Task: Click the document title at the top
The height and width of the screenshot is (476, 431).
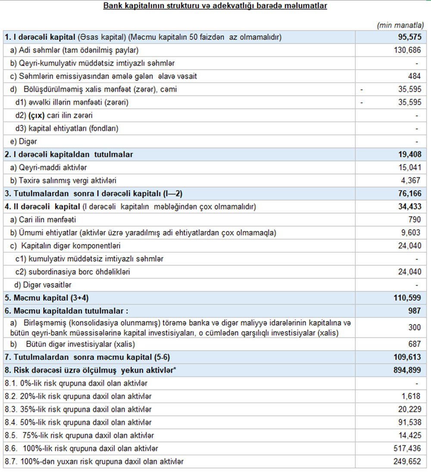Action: (215, 6)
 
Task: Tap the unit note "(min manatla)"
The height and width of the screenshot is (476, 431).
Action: (400, 26)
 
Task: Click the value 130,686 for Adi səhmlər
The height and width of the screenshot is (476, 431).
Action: (406, 50)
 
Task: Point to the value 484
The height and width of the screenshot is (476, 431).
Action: (414, 77)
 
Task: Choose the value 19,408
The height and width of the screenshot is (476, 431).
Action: (409, 155)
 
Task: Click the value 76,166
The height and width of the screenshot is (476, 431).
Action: (409, 194)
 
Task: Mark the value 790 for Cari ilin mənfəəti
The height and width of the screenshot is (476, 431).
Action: (414, 220)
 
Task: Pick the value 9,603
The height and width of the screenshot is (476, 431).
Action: (411, 233)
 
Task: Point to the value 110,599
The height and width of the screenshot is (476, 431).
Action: (406, 298)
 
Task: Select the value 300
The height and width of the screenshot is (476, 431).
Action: (414, 328)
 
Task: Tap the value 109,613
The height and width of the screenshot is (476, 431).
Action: (406, 357)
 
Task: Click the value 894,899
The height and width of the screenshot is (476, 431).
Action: (406, 370)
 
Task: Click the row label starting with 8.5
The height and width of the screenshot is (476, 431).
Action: (79, 436)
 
